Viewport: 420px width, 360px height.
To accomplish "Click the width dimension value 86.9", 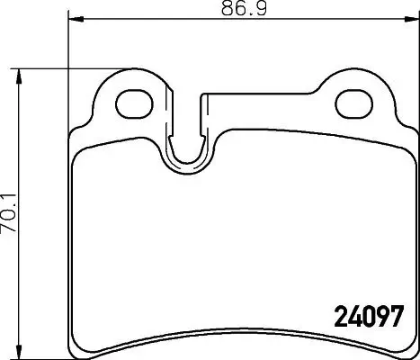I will tap(232, 10).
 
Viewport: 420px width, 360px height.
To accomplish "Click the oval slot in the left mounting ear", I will tap(133, 100).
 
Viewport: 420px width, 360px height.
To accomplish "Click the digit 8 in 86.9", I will tap(219, 10).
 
